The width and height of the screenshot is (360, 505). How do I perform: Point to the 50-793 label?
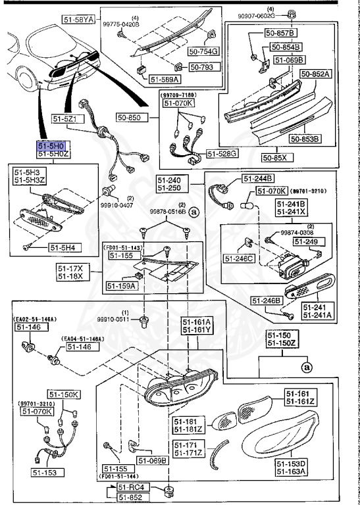[x=201, y=67]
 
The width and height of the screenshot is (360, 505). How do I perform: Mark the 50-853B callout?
[x=303, y=139]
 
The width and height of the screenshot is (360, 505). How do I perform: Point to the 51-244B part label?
[x=260, y=179]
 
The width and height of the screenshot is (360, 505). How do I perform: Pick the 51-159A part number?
[x=121, y=286]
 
